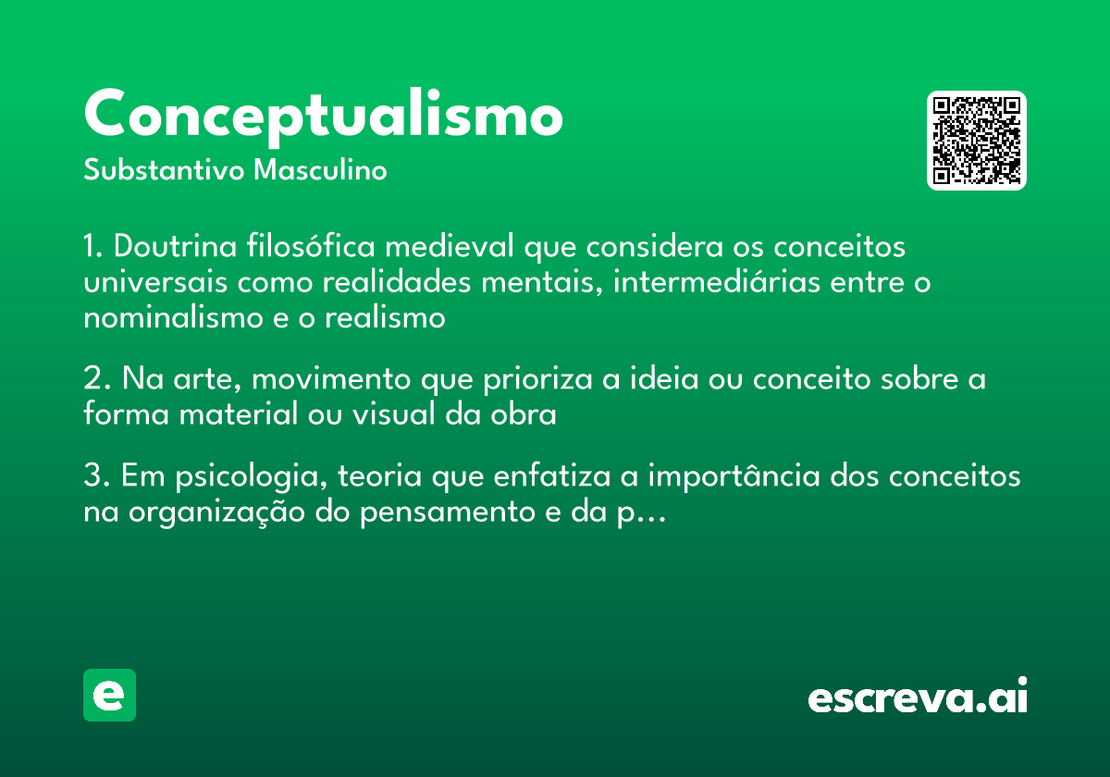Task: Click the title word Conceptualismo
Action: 323,117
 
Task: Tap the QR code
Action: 976,141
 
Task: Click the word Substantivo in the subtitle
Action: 164,170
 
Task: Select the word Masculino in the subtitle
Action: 320,170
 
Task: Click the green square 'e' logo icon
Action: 109,695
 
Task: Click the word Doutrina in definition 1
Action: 176,246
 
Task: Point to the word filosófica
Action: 311,245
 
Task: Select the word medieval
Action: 450,245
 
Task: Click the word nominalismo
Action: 173,317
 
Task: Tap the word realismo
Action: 385,317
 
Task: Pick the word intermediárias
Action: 717,281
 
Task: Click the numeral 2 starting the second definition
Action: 93,378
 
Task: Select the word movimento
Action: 331,379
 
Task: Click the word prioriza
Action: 537,380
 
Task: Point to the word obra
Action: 524,414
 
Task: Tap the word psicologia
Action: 251,476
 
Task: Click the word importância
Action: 734,476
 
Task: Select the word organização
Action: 216,512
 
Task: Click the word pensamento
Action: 448,512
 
